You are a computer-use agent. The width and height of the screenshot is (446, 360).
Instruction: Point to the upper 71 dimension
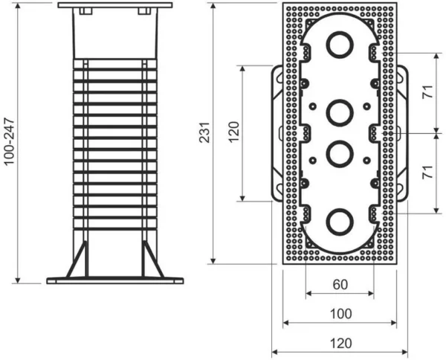click(x=426, y=91)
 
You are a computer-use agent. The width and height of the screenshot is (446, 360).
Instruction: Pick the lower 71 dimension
click(x=426, y=173)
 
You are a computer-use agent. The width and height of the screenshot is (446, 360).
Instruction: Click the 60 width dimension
click(x=340, y=284)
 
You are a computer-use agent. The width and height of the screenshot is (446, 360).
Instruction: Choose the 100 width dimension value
click(x=340, y=313)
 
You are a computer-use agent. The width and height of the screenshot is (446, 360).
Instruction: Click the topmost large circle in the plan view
click(x=340, y=44)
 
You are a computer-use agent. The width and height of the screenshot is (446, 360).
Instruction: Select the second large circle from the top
click(x=340, y=112)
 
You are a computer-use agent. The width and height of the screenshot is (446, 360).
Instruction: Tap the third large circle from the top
click(x=340, y=154)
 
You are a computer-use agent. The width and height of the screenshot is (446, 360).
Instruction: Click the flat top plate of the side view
click(x=114, y=5)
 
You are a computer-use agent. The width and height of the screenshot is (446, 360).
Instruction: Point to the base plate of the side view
click(x=114, y=280)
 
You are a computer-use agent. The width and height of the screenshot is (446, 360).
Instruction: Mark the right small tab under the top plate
click(x=142, y=12)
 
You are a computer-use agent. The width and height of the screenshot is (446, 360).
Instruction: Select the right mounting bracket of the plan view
click(x=404, y=133)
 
